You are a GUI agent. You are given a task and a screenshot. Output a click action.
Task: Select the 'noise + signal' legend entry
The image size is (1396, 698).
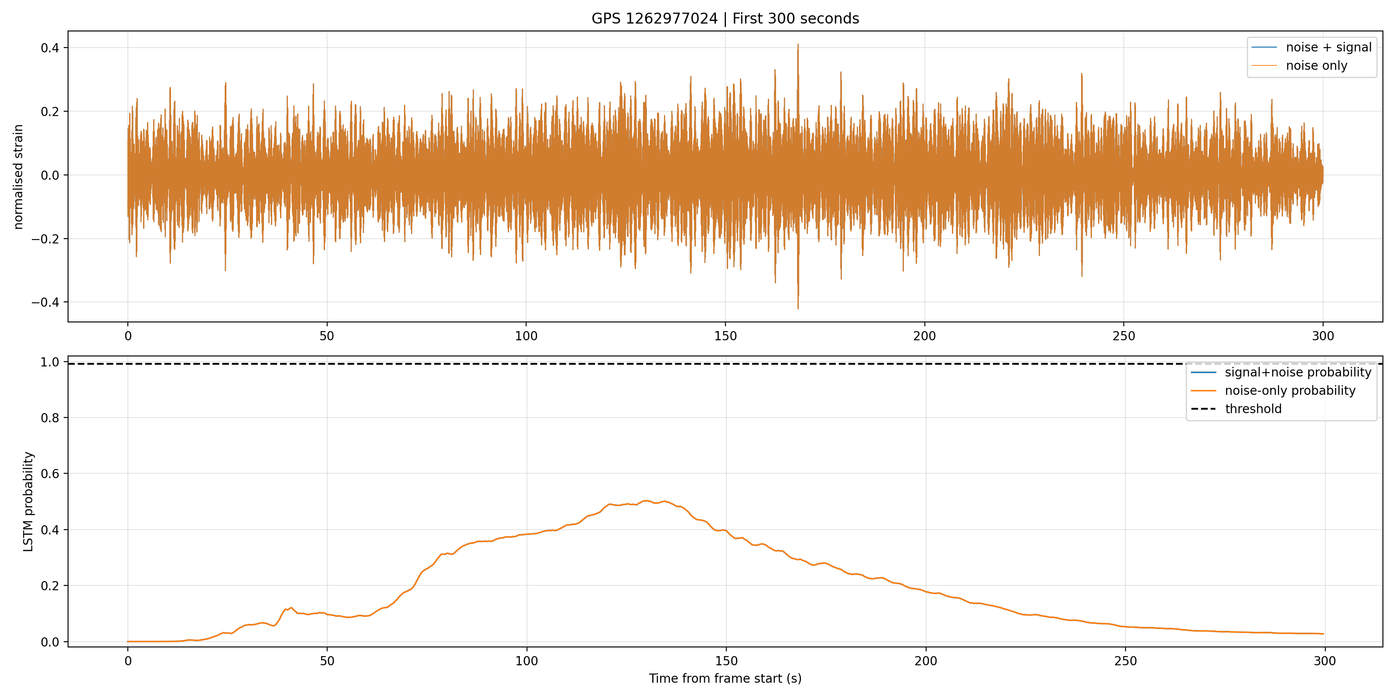1311,47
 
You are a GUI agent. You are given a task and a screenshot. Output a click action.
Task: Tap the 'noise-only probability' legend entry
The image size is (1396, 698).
1273,391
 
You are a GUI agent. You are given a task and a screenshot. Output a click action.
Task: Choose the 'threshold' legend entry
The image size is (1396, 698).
1236,409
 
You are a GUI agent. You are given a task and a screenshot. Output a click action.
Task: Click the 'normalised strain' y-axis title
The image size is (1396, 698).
18,177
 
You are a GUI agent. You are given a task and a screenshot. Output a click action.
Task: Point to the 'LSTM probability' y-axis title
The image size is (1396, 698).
28,502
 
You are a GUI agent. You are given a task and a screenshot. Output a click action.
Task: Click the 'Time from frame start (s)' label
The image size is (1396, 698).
725,678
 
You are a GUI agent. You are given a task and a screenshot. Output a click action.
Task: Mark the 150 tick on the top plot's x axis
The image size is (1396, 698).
725,336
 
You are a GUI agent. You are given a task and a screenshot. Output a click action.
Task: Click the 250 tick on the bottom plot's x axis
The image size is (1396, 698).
1125,661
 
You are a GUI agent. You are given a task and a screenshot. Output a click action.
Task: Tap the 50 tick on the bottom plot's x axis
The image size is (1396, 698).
327,661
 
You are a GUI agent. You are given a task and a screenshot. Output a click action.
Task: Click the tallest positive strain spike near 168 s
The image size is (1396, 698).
798,44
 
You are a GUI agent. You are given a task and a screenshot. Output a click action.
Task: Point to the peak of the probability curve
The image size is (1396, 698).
646,501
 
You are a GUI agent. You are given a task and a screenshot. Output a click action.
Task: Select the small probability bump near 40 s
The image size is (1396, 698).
291,608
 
